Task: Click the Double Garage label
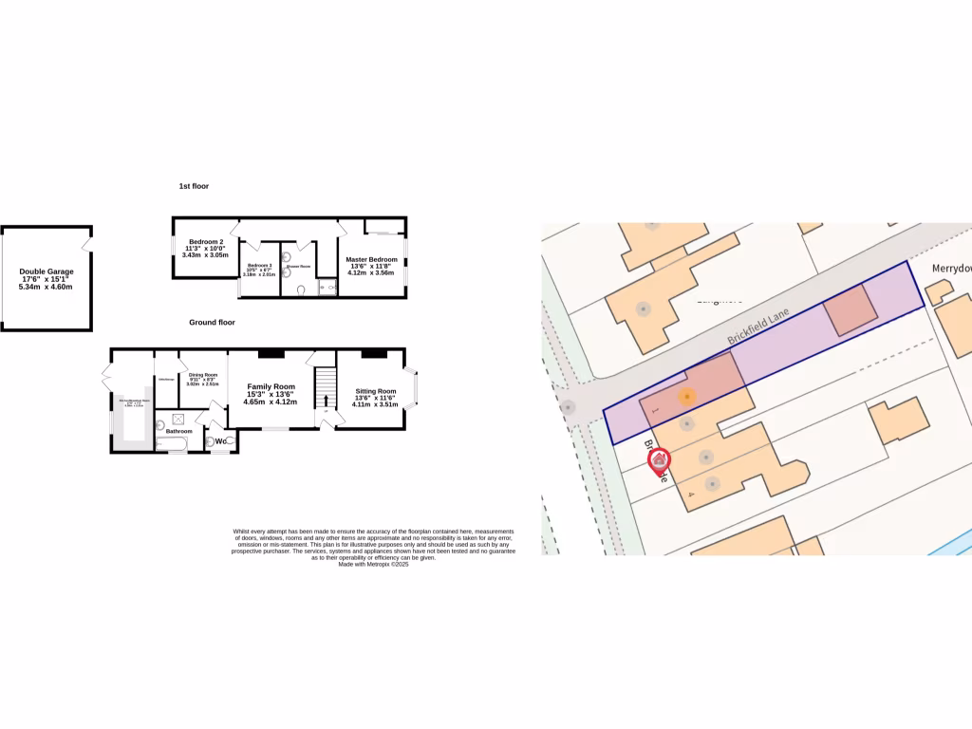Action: (x=47, y=271)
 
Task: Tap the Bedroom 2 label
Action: (x=205, y=242)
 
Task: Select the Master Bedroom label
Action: (x=371, y=259)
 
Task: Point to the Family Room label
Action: (x=271, y=386)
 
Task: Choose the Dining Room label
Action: (x=203, y=375)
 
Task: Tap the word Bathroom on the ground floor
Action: (x=179, y=432)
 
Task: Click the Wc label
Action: (x=219, y=441)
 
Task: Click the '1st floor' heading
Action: (x=194, y=186)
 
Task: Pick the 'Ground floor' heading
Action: (x=212, y=323)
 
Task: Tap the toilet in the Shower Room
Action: (x=300, y=290)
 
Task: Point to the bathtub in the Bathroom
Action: (x=176, y=444)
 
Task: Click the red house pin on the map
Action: (x=659, y=461)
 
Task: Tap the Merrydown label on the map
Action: (x=951, y=268)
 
